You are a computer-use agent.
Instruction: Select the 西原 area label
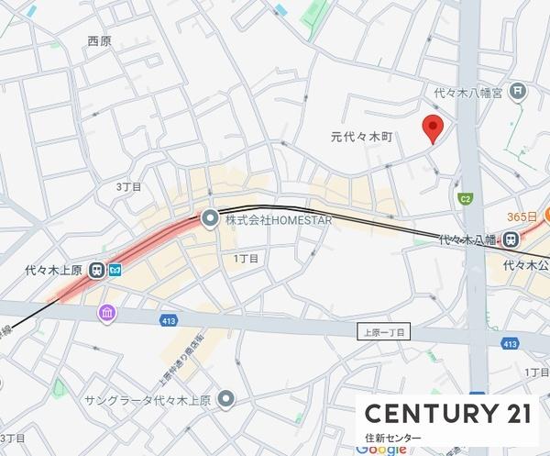tap(99, 41)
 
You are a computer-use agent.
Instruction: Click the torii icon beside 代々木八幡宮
tap(520, 91)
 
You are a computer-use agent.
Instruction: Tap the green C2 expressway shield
tap(466, 198)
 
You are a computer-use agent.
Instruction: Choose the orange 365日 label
tap(523, 216)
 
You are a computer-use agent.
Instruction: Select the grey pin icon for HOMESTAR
tap(210, 219)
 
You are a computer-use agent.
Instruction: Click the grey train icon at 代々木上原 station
tap(100, 270)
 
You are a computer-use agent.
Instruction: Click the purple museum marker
tap(108, 313)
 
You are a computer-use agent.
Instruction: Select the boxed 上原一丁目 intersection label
tap(385, 333)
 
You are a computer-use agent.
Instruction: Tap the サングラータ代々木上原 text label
tap(148, 400)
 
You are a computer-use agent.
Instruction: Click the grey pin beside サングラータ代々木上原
tap(225, 399)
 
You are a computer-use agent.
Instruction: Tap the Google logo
tap(381, 450)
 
